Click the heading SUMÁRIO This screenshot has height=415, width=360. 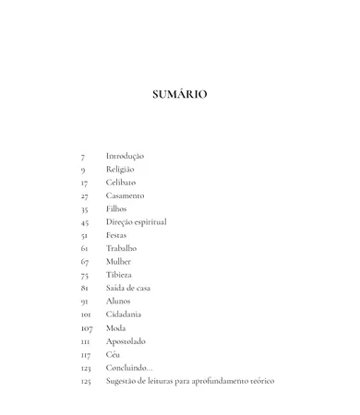click(x=179, y=94)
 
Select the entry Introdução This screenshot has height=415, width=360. click(x=125, y=156)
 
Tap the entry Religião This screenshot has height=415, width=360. click(x=120, y=170)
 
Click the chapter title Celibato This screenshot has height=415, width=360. click(x=121, y=183)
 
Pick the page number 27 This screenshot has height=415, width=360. click(x=85, y=196)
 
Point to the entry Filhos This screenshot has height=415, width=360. click(x=116, y=209)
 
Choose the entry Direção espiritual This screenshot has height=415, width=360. click(x=136, y=222)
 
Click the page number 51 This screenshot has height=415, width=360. click(x=85, y=236)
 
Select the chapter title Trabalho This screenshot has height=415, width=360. click(x=121, y=248)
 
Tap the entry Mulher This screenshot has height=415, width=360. click(x=118, y=262)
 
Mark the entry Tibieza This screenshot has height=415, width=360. click(x=119, y=275)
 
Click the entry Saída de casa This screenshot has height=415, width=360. click(x=128, y=288)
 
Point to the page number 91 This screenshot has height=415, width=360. click(x=85, y=302)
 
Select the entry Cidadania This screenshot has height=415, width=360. click(x=124, y=314)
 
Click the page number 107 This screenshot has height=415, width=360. click(x=87, y=328)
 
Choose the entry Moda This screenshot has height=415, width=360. click(x=116, y=327)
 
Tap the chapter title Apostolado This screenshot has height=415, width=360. click(x=126, y=341)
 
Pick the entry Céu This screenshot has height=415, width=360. click(x=113, y=354)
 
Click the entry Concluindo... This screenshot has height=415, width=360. click(x=128, y=367)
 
